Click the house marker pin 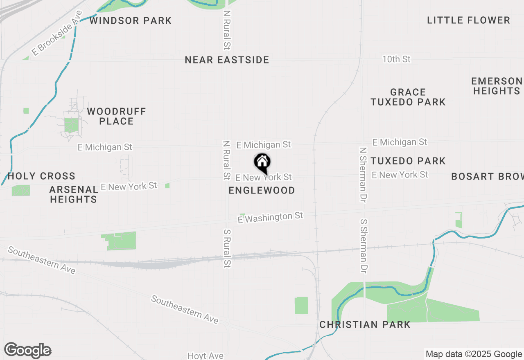pyautogui.click(x=262, y=163)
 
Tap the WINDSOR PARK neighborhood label pyautogui.click(x=130, y=20)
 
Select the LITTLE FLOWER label pyautogui.click(x=468, y=20)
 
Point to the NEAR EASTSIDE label pyautogui.click(x=227, y=60)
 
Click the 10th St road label pyautogui.click(x=396, y=59)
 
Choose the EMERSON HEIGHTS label pyautogui.click(x=497, y=86)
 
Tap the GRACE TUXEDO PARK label pyautogui.click(x=408, y=97)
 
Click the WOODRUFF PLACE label pyautogui.click(x=116, y=116)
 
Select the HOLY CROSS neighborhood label pyautogui.click(x=41, y=176)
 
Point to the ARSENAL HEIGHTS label pyautogui.click(x=74, y=194)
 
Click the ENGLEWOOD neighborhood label pyautogui.click(x=262, y=190)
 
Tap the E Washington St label pyautogui.click(x=270, y=217)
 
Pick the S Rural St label pyautogui.click(x=227, y=248)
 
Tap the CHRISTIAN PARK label pyautogui.click(x=365, y=324)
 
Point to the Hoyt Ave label pyautogui.click(x=206, y=355)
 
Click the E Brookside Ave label pyautogui.click(x=54, y=39)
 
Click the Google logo pyautogui.click(x=28, y=350)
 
